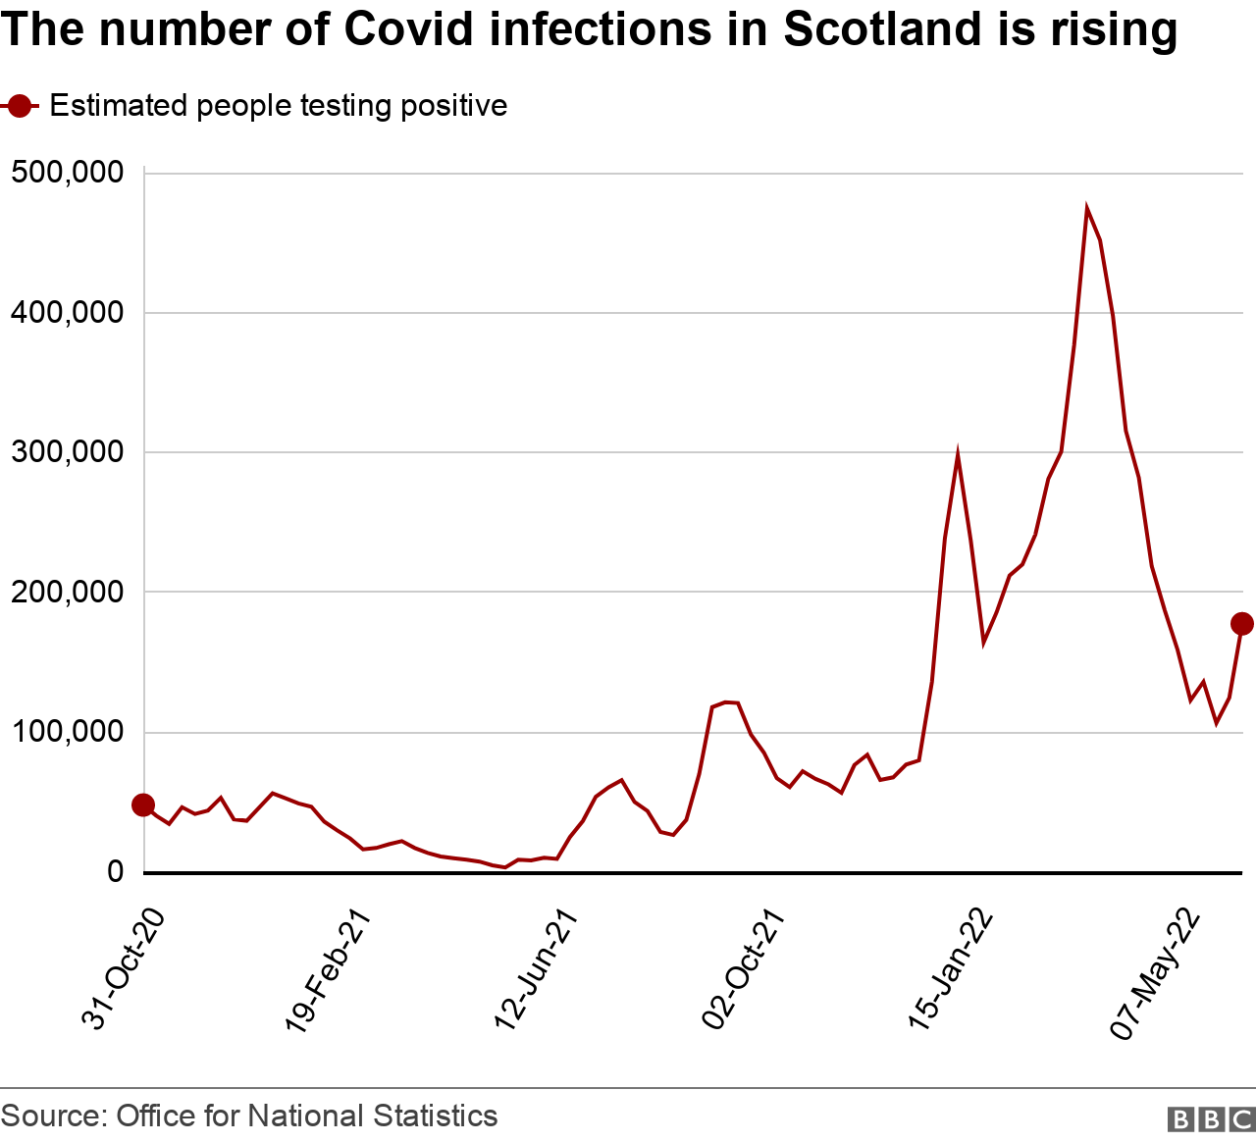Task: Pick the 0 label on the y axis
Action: (116, 872)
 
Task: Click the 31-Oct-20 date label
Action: (122, 969)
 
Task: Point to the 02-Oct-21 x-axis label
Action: (744, 969)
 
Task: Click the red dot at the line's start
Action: (143, 805)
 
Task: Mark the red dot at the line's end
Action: (1241, 624)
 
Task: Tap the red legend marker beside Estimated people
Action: (19, 106)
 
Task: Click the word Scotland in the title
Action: (881, 29)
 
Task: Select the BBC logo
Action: (1211, 1119)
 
